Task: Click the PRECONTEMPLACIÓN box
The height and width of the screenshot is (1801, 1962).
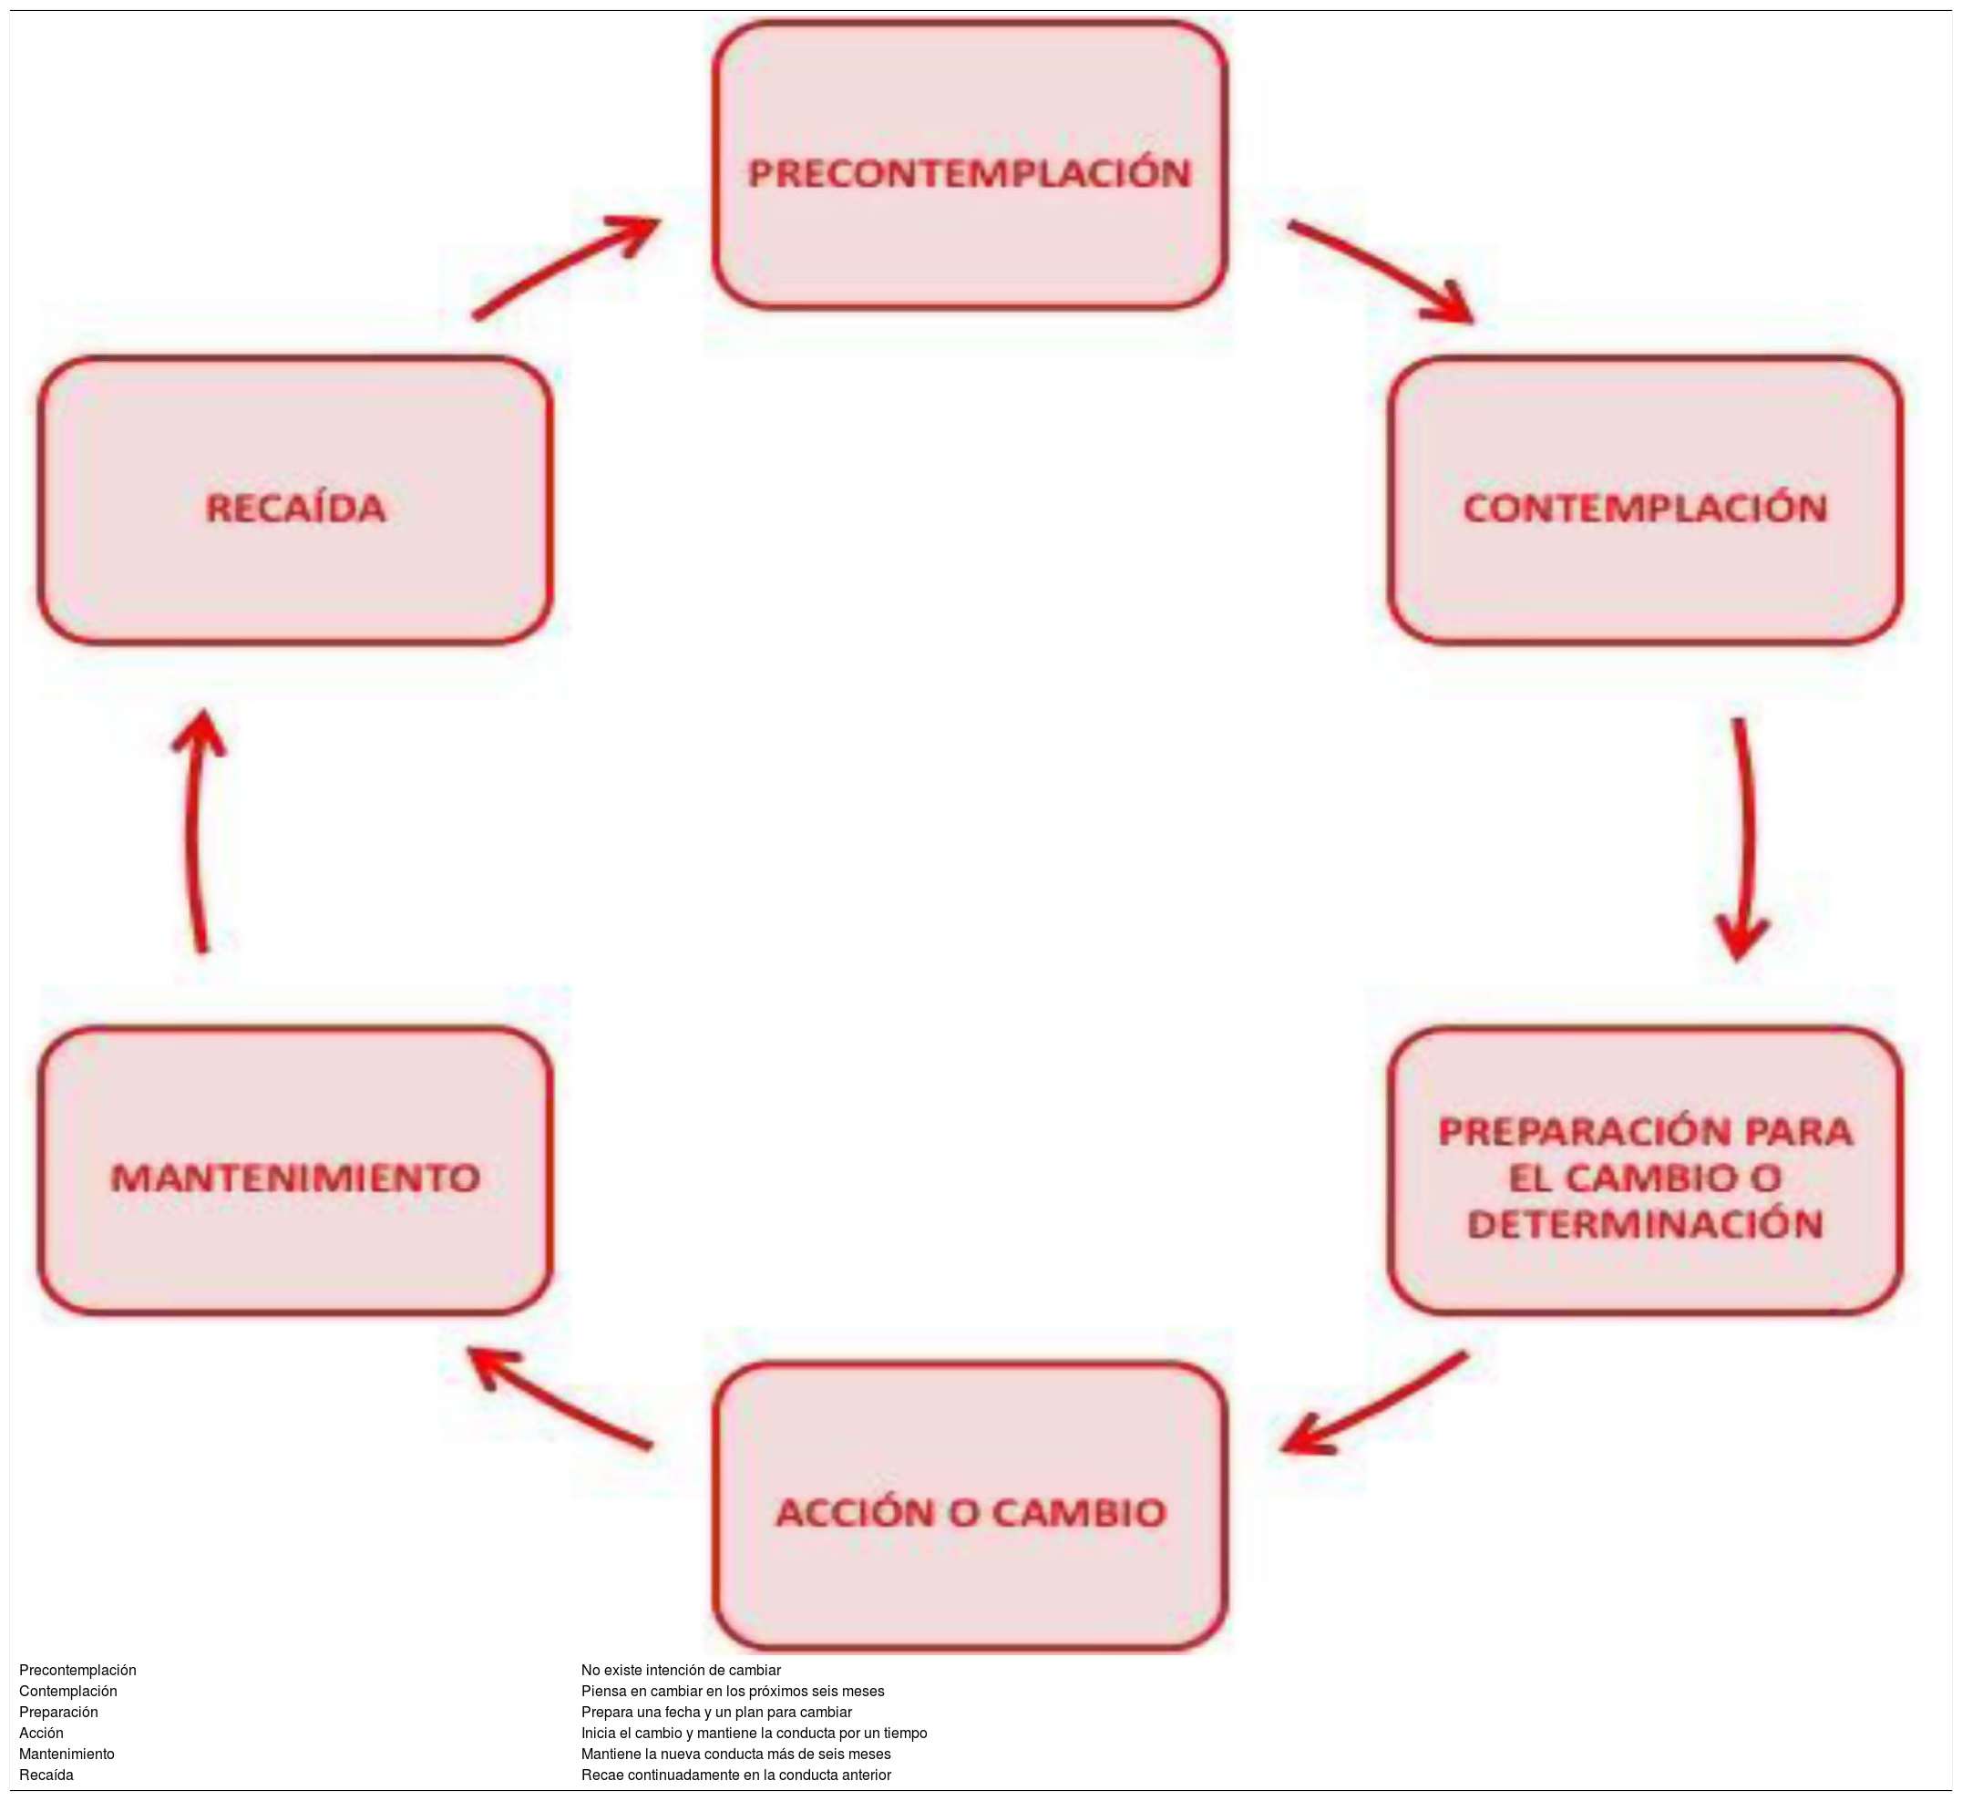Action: coord(970,166)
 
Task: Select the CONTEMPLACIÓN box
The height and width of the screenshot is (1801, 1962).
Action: coord(1645,501)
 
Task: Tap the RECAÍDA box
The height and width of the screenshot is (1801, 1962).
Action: coord(295,501)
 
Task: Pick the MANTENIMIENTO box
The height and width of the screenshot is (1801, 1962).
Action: coord(295,1171)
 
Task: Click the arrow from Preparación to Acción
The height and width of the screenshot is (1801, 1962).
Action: coord(1373,1404)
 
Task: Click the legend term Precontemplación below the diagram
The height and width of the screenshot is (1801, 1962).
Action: coord(78,1671)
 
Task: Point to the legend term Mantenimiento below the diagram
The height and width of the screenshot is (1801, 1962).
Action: coord(67,1755)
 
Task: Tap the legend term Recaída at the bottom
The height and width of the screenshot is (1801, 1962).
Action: coord(46,1775)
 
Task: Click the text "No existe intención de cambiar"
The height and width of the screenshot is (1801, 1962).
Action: coord(681,1671)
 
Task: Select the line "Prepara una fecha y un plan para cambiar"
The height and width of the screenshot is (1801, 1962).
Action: coord(716,1713)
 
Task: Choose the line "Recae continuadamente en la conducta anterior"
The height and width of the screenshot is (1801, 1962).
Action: coord(735,1775)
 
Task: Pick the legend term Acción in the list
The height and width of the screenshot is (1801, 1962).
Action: coord(42,1734)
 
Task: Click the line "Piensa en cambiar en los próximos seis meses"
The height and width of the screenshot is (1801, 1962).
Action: coord(733,1692)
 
